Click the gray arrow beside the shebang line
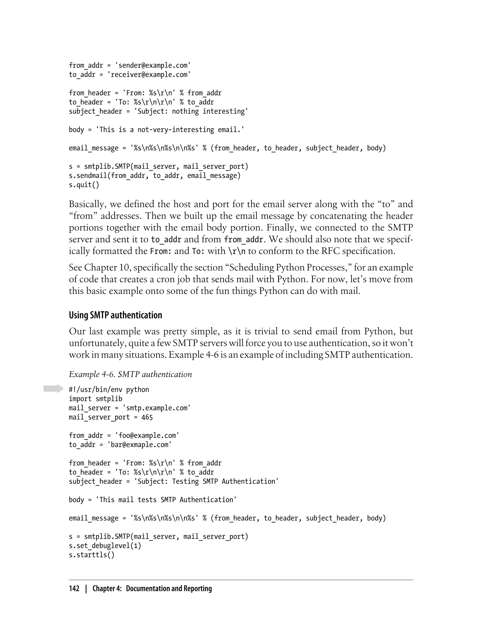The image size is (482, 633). (x=53, y=389)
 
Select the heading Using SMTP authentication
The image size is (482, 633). (x=115, y=315)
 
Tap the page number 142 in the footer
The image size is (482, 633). (x=74, y=588)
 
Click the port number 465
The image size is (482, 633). (x=147, y=417)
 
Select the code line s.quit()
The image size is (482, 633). (x=84, y=185)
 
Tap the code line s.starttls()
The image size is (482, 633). (x=92, y=555)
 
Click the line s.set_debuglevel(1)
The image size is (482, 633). (x=105, y=545)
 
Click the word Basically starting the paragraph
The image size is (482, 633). (x=88, y=204)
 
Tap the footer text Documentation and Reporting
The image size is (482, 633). (x=169, y=588)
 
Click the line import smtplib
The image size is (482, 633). (x=96, y=399)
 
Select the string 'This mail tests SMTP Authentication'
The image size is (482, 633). (x=166, y=500)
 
